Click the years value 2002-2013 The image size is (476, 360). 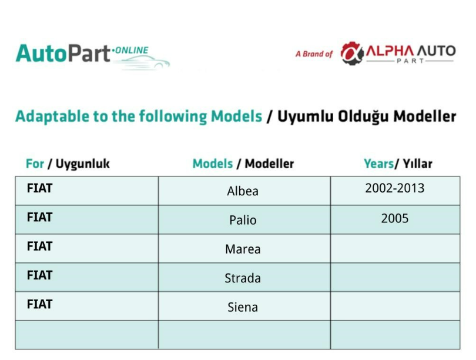[x=395, y=188]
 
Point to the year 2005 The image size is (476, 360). [x=395, y=218]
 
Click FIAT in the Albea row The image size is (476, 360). [x=40, y=188]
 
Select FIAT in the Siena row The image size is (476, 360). [x=40, y=304]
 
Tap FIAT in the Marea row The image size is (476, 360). [x=40, y=246]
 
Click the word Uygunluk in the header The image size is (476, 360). [x=83, y=164]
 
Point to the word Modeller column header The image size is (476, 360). [x=269, y=164]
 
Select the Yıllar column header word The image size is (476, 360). [x=417, y=164]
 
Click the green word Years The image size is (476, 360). [x=378, y=164]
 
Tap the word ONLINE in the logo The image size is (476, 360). [x=132, y=50]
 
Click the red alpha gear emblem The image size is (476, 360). [x=352, y=53]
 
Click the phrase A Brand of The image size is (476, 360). [x=314, y=54]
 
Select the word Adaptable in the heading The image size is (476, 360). [x=52, y=116]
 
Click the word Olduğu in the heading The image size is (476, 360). [x=363, y=116]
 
